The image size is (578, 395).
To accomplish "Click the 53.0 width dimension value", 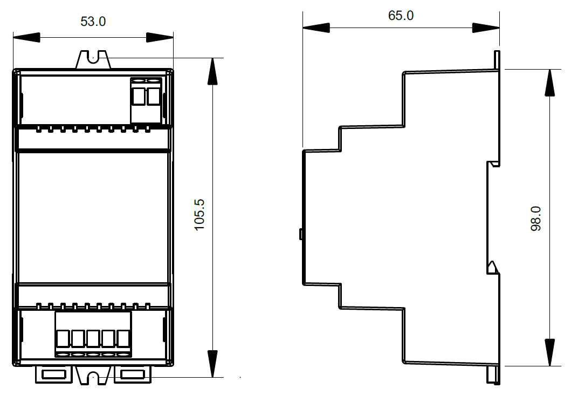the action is [x=93, y=22].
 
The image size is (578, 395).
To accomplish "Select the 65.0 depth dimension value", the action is [x=401, y=16].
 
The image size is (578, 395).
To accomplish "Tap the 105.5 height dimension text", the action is [x=199, y=215].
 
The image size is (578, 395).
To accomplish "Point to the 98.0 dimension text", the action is [x=535, y=219].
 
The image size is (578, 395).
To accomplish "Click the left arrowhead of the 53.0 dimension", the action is [x=26, y=37].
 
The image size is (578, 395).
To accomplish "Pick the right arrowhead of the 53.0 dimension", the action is [x=160, y=37].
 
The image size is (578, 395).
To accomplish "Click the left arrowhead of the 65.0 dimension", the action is [x=316, y=28].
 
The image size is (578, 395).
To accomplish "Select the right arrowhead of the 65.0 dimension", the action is [x=486, y=28].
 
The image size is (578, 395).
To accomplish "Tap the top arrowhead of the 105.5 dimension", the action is [x=212, y=71].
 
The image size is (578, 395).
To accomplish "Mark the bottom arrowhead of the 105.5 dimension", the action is [x=212, y=364].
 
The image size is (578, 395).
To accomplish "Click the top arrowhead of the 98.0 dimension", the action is [x=549, y=83].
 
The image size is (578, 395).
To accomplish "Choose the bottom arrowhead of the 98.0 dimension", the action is [x=549, y=352].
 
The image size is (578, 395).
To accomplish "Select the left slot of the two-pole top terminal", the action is [x=139, y=96].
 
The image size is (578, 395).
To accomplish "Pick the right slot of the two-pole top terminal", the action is [x=153, y=96].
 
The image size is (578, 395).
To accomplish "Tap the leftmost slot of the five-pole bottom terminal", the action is [x=63, y=338].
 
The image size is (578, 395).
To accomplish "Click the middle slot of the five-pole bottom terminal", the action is [x=93, y=338].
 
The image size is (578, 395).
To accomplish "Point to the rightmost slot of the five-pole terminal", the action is [x=123, y=338].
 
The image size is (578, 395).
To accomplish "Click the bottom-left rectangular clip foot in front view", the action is [x=54, y=374].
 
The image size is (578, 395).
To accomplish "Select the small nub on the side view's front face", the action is [x=301, y=234].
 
